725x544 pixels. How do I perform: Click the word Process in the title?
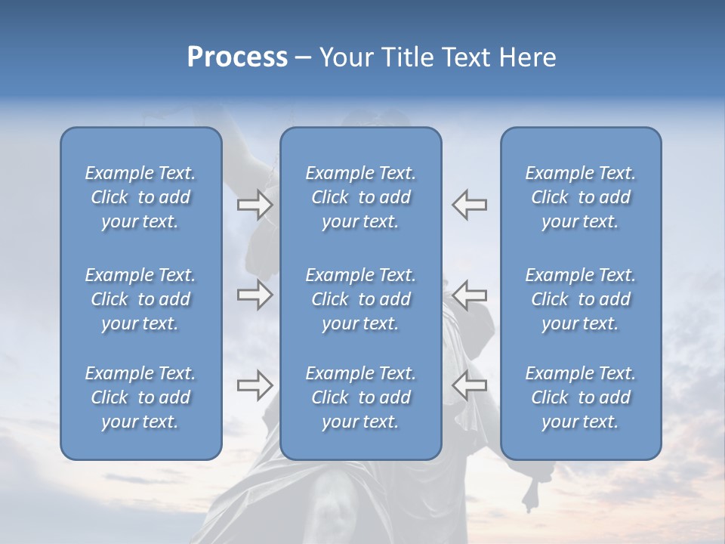237,57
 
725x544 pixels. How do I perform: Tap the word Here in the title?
526,57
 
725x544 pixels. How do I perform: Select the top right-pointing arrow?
255,204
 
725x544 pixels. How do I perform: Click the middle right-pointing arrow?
255,295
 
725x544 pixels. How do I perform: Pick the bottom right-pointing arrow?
255,385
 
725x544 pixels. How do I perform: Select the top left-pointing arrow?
470,204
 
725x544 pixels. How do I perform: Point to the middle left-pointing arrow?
470,295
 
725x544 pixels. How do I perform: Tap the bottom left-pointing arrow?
470,385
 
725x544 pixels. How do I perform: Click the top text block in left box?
140,197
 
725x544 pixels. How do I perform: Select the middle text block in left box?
140,299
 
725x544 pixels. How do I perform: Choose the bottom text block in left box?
140,397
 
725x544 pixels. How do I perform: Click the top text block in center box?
360,197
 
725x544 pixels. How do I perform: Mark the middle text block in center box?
360,299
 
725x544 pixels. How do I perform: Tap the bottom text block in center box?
360,397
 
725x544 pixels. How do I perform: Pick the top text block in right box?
580,197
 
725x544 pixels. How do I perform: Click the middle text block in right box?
580,299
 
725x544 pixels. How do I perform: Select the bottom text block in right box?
580,397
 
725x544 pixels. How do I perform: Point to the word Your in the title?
344,57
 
